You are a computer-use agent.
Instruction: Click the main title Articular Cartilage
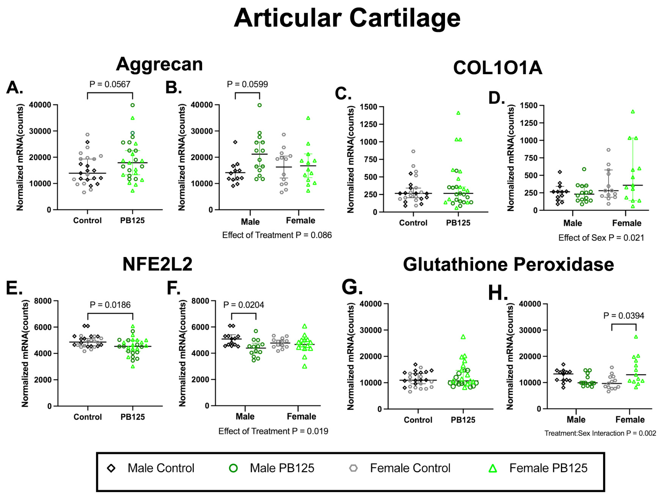347,19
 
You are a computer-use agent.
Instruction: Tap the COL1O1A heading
497,68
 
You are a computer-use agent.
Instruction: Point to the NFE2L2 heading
157,264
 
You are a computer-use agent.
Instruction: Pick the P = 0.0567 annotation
110,84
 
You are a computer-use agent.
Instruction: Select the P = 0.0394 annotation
624,316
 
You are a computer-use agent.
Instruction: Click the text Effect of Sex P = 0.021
601,238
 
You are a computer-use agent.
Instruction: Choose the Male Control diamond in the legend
111,468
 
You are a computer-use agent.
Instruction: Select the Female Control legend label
410,468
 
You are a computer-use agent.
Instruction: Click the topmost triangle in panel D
633,112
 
